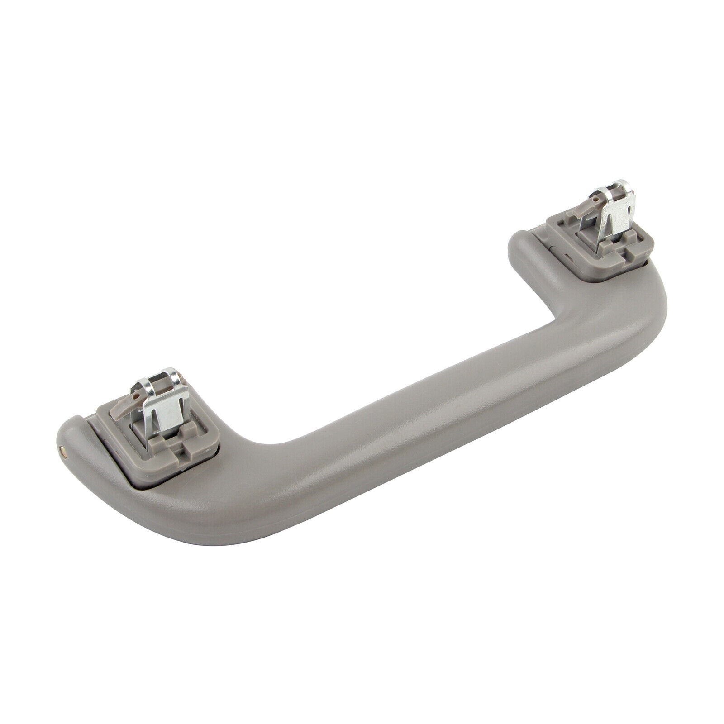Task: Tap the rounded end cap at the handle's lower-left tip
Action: point(72,434)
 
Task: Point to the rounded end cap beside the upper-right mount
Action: point(525,244)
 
